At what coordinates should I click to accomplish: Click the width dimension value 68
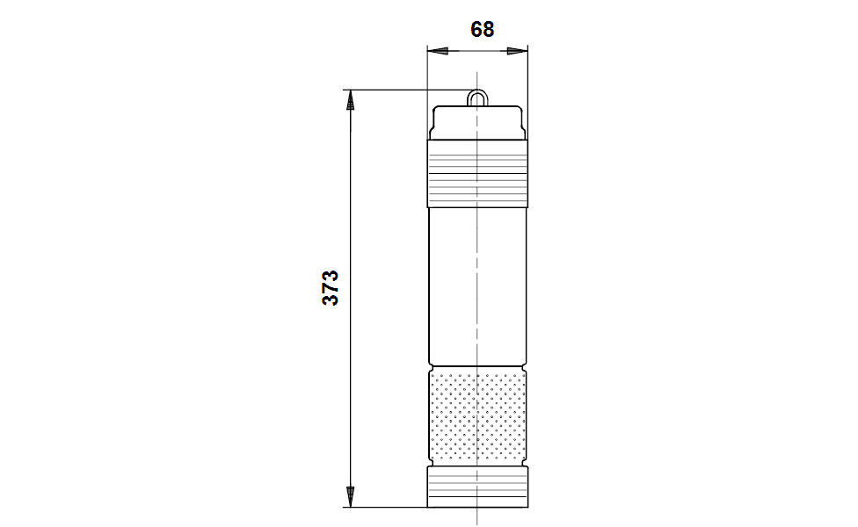click(x=482, y=30)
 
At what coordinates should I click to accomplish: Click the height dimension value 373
click(x=331, y=287)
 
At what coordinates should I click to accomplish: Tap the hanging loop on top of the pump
click(x=476, y=97)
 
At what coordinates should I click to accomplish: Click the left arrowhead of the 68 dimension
click(x=438, y=51)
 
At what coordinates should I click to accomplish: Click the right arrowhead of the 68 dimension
click(x=518, y=51)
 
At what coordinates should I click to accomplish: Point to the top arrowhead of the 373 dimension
click(x=350, y=100)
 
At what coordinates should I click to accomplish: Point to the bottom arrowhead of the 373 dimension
click(x=350, y=497)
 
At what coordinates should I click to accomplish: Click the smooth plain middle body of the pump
click(x=477, y=286)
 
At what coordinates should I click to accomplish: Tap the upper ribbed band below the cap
click(x=477, y=173)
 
